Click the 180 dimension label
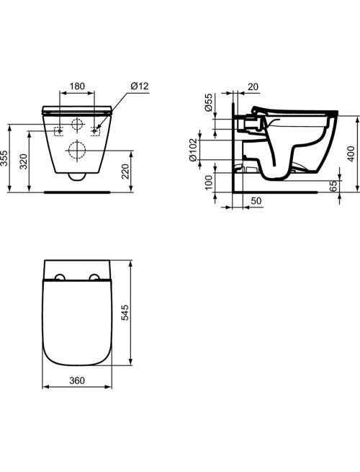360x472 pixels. (77, 86)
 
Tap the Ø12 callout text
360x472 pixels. (140, 86)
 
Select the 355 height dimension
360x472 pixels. (4, 158)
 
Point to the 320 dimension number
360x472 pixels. (24, 161)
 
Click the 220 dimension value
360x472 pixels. (126, 172)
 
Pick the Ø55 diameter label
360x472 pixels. (208, 102)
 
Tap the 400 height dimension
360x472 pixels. (351, 153)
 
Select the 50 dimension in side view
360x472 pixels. (256, 201)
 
